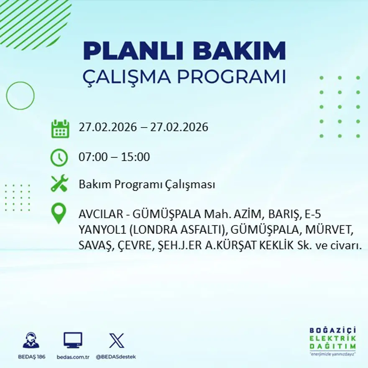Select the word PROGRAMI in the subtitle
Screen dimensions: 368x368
click(231, 77)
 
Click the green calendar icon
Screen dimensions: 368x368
click(60, 129)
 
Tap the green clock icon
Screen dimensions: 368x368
click(59, 158)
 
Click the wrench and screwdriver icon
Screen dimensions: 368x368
click(59, 184)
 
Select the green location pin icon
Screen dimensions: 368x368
click(59, 212)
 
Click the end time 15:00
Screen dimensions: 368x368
click(135, 158)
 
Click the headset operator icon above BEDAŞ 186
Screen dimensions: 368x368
click(31, 340)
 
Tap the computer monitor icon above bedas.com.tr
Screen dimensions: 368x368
click(73, 340)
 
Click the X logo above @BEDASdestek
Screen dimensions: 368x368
click(116, 340)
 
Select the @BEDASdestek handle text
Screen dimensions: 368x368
click(116, 357)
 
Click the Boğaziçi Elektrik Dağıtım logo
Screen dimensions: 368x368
click(332, 341)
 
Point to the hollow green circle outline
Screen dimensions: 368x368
click(20, 96)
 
